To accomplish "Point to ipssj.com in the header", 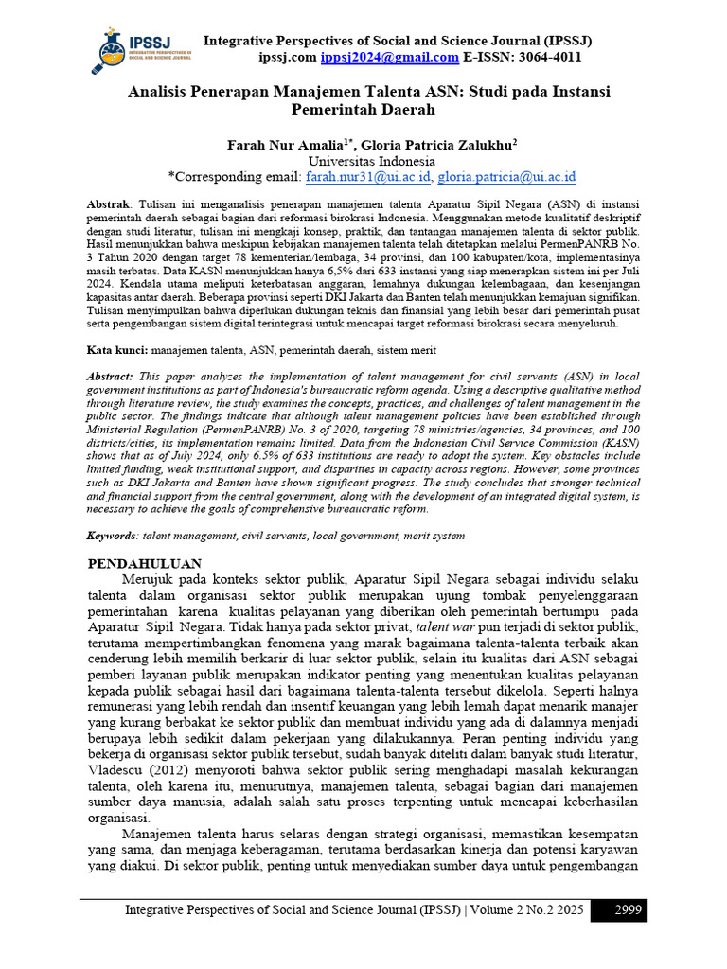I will (x=288, y=58).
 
